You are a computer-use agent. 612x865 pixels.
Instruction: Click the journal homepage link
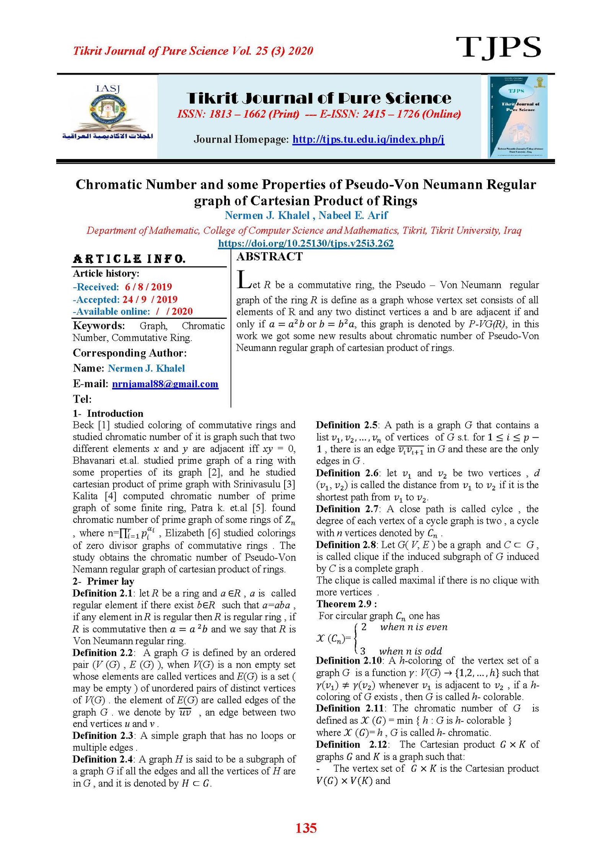(x=368, y=139)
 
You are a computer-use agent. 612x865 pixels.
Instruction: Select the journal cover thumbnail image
(x=518, y=117)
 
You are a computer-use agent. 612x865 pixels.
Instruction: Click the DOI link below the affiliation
(x=306, y=243)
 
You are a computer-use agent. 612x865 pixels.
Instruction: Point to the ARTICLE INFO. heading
(x=129, y=259)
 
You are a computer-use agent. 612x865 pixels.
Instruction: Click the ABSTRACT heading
(x=269, y=256)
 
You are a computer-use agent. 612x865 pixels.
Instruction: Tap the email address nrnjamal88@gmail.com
(x=165, y=384)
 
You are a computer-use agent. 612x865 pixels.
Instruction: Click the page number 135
(x=306, y=828)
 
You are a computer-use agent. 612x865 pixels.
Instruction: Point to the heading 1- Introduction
(x=108, y=413)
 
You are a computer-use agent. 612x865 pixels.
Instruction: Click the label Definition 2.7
(x=347, y=509)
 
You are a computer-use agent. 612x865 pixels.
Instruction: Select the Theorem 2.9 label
(x=346, y=604)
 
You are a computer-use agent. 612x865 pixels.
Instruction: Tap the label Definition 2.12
(x=352, y=744)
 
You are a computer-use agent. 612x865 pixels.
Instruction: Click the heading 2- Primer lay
(x=103, y=581)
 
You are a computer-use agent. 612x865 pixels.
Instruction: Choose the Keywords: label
(x=99, y=326)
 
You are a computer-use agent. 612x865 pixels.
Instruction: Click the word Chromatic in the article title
(x=109, y=185)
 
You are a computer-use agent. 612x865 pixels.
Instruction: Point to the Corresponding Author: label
(x=130, y=353)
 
